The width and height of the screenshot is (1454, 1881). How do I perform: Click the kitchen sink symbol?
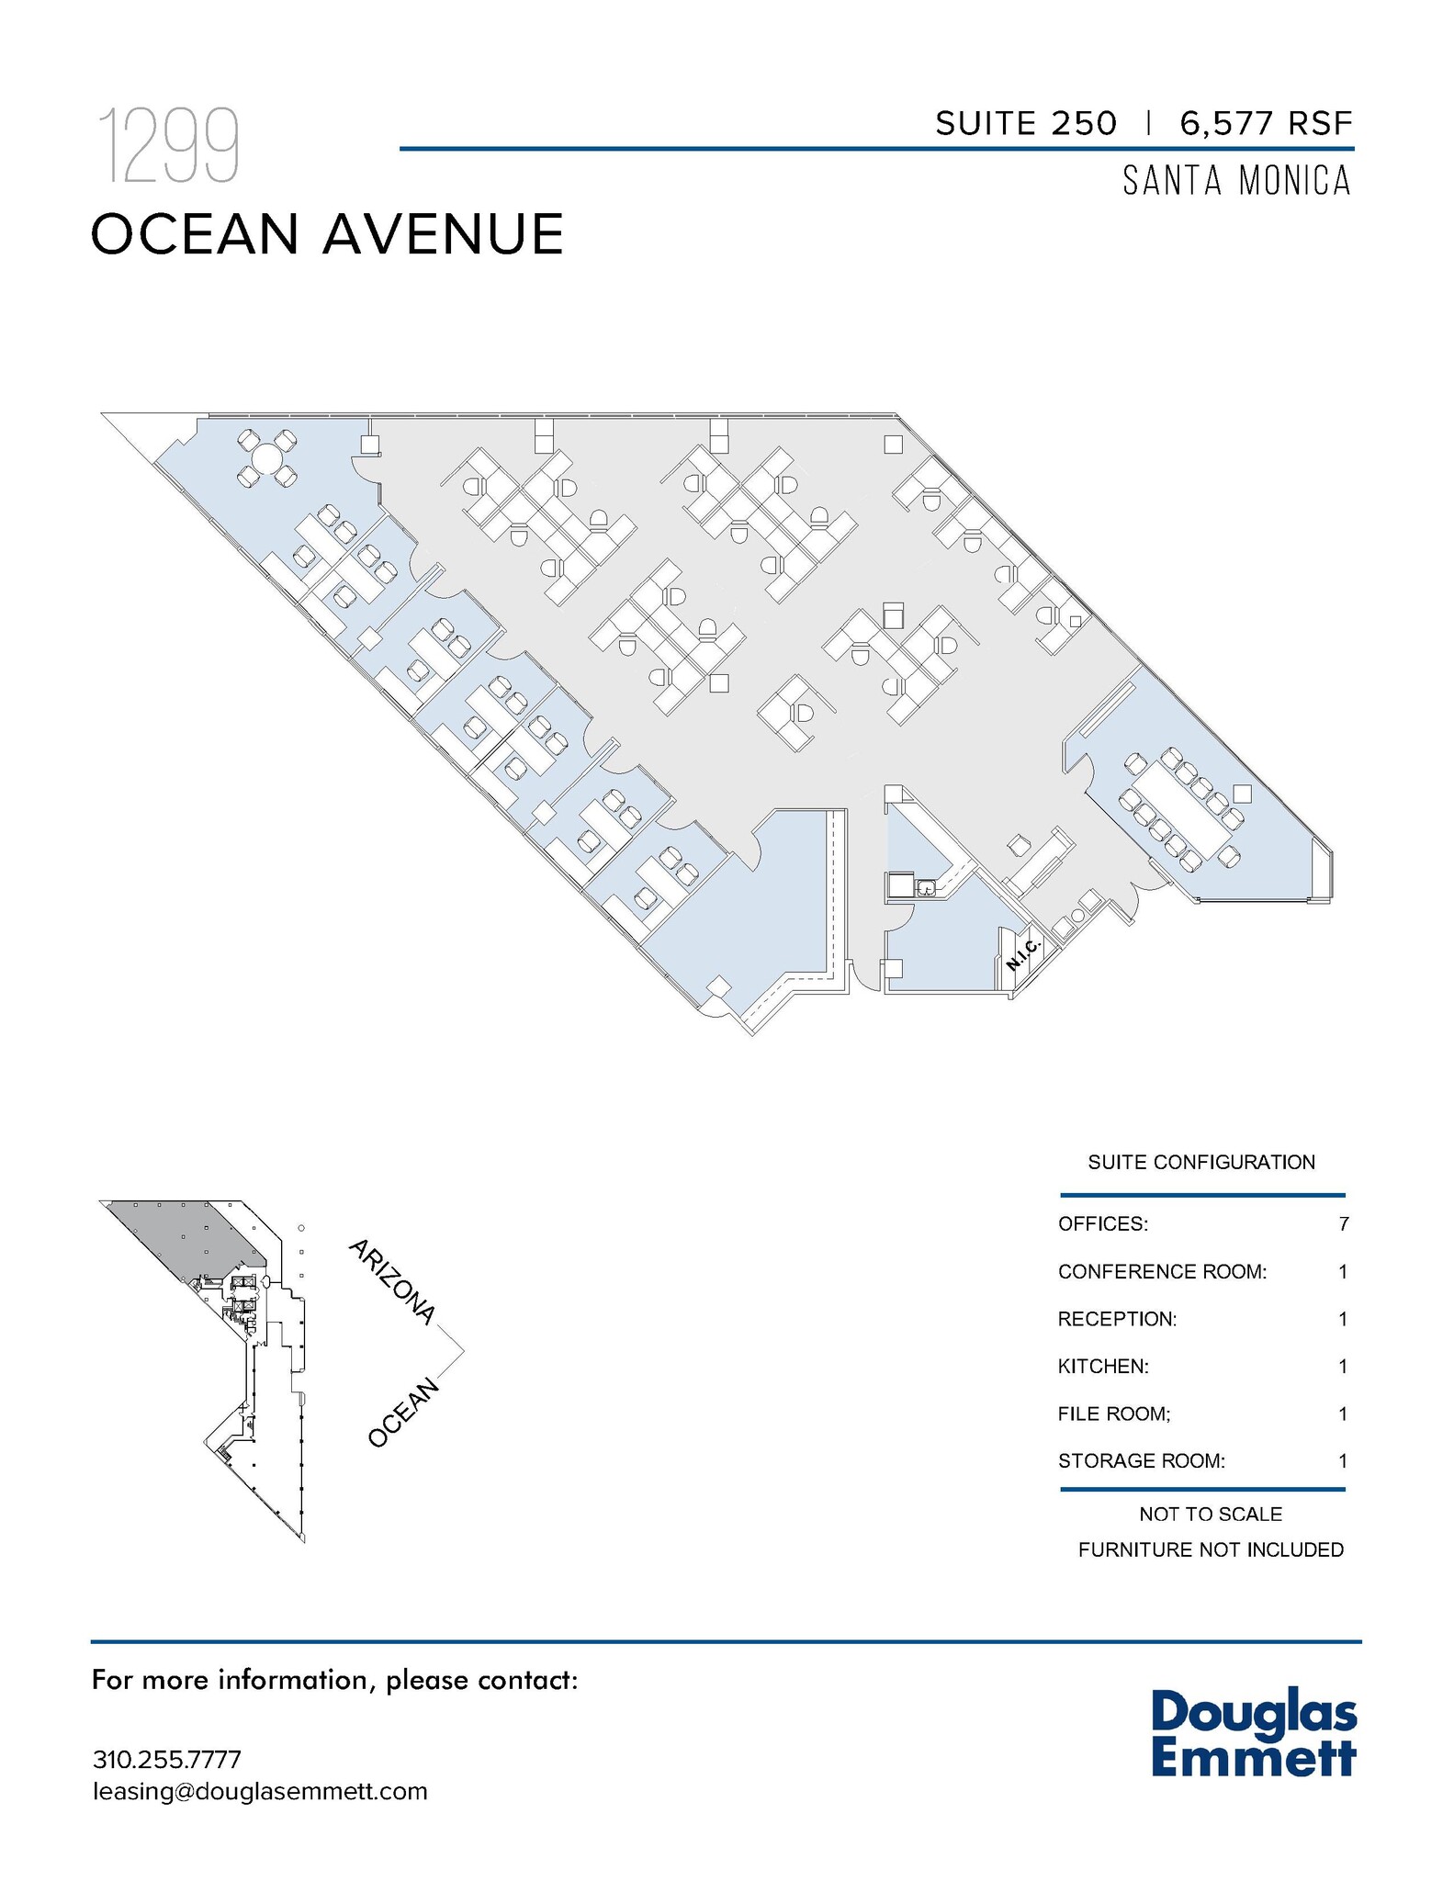click(926, 887)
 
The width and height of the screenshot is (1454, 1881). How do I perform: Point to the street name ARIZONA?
click(391, 1282)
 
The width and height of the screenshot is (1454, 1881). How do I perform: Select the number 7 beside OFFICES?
click(1343, 1224)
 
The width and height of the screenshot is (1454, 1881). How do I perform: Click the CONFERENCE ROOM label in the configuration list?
click(1162, 1272)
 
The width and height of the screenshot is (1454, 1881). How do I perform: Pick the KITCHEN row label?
click(1103, 1367)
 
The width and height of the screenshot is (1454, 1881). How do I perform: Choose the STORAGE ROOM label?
click(1141, 1461)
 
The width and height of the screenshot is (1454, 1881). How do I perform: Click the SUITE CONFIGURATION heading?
click(1201, 1163)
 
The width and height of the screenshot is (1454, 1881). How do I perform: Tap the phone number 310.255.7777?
click(167, 1760)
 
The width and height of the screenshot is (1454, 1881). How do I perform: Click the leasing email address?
click(260, 1792)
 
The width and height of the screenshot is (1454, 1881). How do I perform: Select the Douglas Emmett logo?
click(1253, 1733)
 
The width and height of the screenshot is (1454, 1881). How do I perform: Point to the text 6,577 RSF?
click(1267, 123)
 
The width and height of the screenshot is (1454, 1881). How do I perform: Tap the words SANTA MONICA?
click(1237, 181)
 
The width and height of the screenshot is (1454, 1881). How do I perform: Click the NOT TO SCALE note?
click(1211, 1515)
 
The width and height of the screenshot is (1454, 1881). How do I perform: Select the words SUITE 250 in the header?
click(1026, 123)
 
